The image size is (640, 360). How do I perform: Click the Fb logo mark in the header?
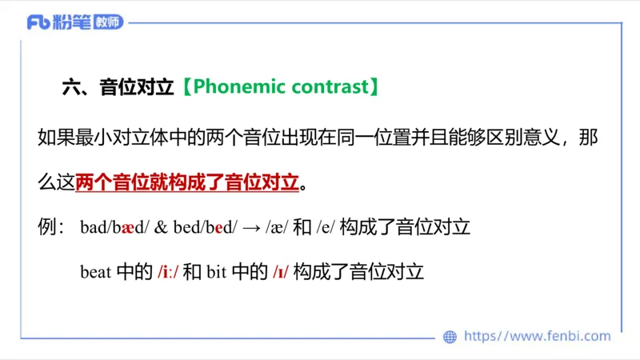[x=39, y=22]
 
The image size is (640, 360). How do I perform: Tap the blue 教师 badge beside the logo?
[x=108, y=22]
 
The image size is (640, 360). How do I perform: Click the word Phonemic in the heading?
[x=232, y=86]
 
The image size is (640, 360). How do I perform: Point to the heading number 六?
[x=70, y=87]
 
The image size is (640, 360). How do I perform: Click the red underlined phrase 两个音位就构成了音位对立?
[x=187, y=184]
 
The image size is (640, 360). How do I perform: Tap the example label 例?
[x=47, y=227]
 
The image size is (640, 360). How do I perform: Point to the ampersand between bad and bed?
[x=159, y=228]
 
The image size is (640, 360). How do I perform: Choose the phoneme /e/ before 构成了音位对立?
[x=324, y=228]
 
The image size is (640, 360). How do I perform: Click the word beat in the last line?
[x=96, y=272]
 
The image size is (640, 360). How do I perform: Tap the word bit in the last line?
[x=216, y=272]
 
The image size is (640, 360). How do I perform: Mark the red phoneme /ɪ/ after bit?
[x=279, y=272]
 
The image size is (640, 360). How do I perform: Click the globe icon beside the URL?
[x=450, y=337]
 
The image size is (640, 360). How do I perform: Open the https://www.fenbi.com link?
[x=537, y=337]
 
